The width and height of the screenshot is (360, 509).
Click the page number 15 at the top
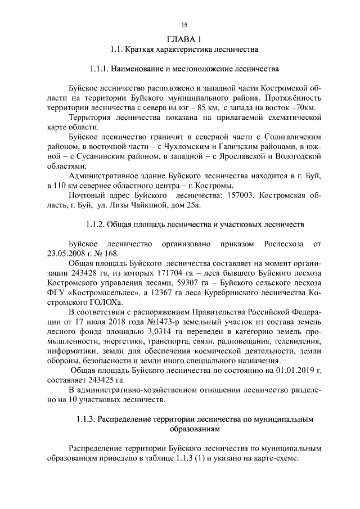point(184,25)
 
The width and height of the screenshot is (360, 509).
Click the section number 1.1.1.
point(101,69)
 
